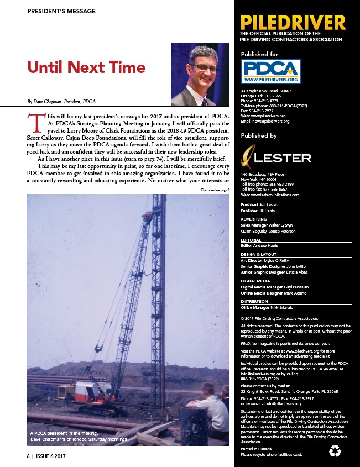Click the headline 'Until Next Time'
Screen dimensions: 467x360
click(86, 68)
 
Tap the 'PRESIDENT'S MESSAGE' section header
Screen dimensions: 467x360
click(61, 11)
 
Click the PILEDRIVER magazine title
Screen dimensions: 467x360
click(293, 23)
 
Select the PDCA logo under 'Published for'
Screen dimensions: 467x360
click(271, 71)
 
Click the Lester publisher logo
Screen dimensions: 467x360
click(275, 157)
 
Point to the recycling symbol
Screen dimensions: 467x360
click(335, 452)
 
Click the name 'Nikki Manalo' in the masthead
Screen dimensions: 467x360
click(281, 307)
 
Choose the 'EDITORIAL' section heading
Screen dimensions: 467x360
click(252, 240)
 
